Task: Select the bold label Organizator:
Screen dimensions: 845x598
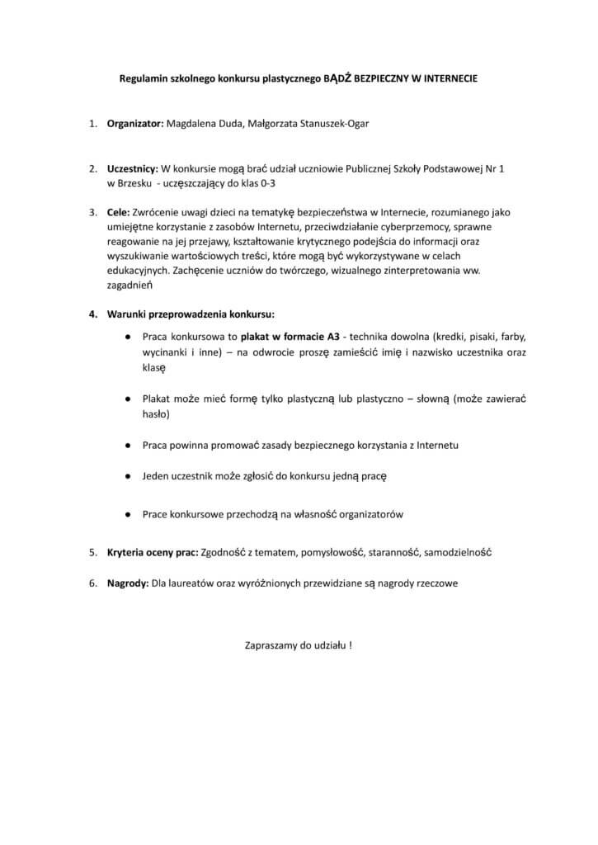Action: point(135,125)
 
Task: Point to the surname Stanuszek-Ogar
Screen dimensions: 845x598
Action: point(331,125)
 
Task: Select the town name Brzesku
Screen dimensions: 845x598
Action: point(134,182)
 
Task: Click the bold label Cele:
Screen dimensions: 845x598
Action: point(119,212)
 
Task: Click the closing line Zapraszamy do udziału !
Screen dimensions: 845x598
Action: point(299,644)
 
